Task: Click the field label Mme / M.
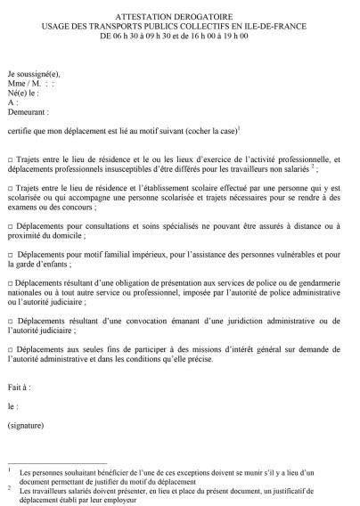[24, 80]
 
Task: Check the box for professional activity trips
[11, 158]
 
